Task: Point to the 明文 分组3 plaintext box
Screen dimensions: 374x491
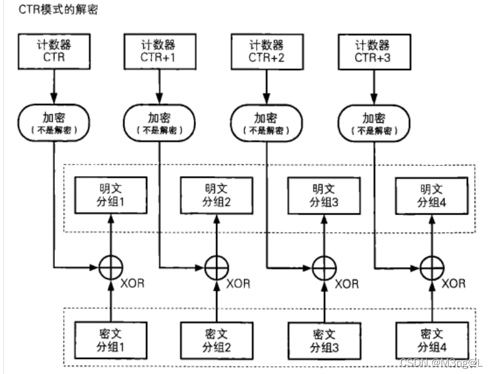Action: tap(324, 196)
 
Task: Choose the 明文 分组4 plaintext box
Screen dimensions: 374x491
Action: tap(430, 196)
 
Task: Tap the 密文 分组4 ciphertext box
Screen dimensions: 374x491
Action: tap(430, 340)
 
